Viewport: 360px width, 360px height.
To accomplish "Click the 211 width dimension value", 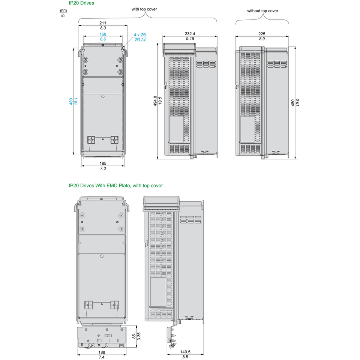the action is coord(103,23).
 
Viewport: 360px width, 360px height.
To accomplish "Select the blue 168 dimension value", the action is coord(103,34).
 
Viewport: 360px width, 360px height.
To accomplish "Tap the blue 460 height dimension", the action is coord(71,102).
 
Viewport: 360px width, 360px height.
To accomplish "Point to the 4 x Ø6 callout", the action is coord(140,35).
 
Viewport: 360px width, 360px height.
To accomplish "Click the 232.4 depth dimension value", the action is coord(190,34).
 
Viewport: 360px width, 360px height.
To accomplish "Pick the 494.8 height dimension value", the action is coord(155,101).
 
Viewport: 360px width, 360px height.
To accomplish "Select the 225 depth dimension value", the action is coord(262,34).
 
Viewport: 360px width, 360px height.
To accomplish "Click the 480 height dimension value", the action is coord(293,103).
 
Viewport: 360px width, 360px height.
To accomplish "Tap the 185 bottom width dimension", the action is coord(103,163).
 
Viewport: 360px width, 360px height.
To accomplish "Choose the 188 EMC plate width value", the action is coord(102,352).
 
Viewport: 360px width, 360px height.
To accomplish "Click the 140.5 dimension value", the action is coord(185,352).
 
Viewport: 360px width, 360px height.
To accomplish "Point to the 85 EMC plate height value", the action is coord(134,336).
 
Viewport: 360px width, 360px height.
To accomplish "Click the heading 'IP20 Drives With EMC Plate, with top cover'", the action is coord(116,186).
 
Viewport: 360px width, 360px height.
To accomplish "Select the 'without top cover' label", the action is coord(262,11).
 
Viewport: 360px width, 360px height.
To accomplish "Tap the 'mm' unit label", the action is coord(63,10).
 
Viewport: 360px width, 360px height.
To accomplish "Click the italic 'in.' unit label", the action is coord(63,15).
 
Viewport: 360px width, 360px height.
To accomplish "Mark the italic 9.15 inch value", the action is coord(190,39).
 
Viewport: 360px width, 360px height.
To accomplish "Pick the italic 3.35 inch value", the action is coord(139,336).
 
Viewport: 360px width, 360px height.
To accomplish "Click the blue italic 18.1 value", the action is coord(76,101).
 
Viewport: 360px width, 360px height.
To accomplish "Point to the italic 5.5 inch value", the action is coord(185,357).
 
